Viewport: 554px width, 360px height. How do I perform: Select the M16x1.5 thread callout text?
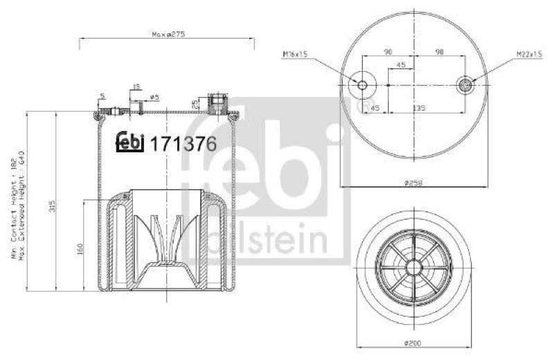click(294, 53)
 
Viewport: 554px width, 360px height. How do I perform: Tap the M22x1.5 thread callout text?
click(528, 53)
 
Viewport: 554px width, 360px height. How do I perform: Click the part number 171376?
click(184, 143)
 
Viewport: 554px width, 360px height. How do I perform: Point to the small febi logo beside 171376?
click(129, 141)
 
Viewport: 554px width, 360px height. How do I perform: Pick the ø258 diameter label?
click(413, 182)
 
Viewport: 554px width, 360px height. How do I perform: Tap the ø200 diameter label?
click(413, 343)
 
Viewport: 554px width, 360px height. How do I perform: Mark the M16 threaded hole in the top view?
click(362, 84)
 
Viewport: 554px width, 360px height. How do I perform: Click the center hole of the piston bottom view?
click(413, 267)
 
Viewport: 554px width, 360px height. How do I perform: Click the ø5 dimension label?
click(155, 97)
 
